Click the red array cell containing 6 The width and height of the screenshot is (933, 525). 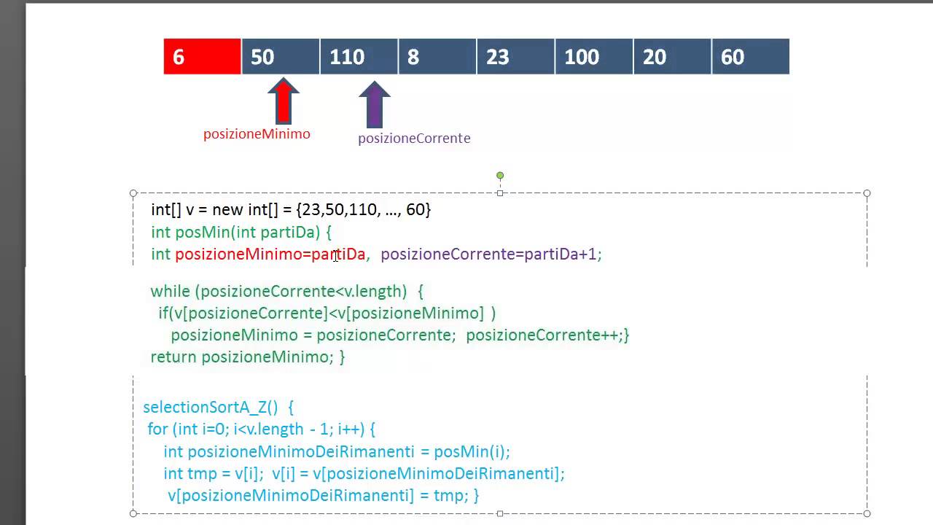202,57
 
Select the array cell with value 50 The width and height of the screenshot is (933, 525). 281,57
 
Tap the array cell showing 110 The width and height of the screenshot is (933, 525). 359,57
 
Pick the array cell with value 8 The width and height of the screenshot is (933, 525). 437,57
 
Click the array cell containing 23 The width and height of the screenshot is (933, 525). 515,57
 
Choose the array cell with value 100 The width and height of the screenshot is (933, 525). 594,57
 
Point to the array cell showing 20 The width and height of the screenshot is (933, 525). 672,57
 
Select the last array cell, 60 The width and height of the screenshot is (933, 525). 751,57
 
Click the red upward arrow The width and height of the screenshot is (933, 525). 284,101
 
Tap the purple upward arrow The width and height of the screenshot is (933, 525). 375,104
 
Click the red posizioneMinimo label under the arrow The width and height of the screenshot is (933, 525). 257,134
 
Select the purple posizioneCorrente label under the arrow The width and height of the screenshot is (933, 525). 415,139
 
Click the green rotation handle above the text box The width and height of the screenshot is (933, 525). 500,176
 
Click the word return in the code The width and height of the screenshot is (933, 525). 173,357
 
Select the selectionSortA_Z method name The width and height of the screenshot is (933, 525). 211,407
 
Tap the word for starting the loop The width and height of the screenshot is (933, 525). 157,429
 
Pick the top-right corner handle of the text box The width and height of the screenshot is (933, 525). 867,193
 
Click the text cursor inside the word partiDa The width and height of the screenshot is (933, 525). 336,256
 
